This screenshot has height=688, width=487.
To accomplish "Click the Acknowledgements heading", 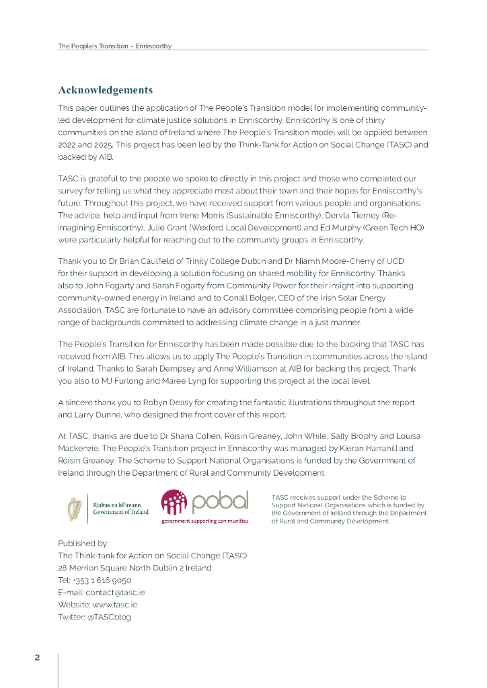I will pos(105,90).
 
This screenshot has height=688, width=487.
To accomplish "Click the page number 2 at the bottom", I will pos(38,657).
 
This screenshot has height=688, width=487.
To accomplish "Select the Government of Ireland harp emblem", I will pos(75,509).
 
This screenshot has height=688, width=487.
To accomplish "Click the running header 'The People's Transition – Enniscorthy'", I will pos(114,46).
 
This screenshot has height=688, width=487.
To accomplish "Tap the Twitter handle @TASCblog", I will pos(109,617).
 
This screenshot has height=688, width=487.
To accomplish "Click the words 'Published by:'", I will pos(83,543).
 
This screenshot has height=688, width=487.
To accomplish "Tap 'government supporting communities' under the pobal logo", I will pos(204,521).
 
